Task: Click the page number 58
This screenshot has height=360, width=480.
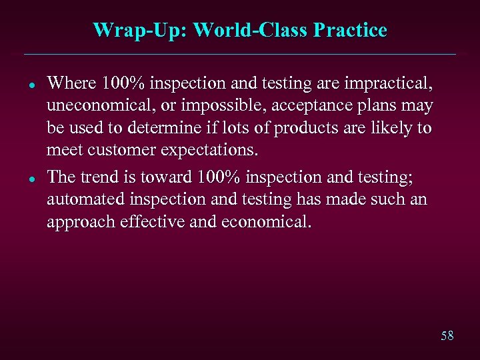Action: pyautogui.click(x=447, y=336)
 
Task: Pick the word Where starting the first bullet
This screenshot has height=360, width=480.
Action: pyautogui.click(x=72, y=83)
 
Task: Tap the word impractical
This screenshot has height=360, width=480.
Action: pyautogui.click(x=389, y=83)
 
